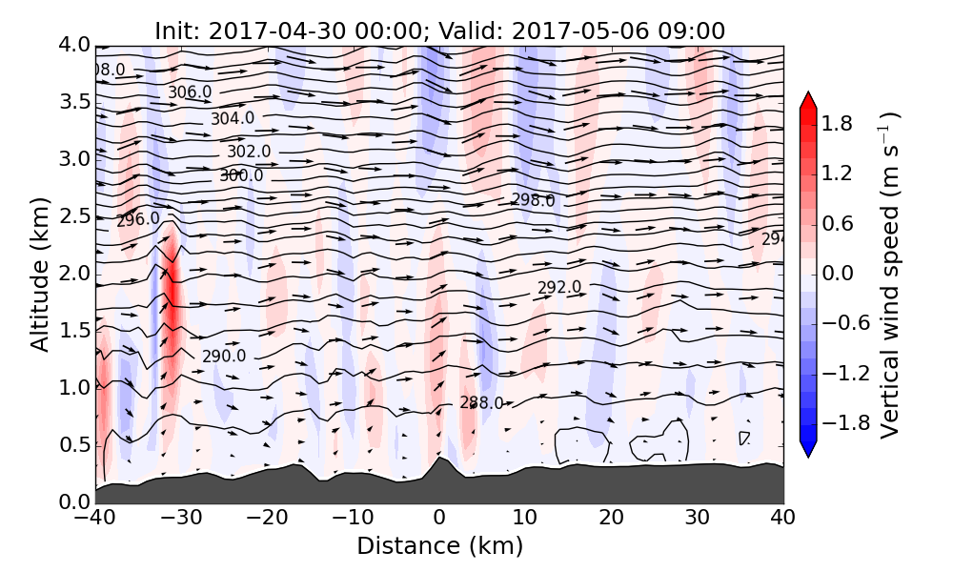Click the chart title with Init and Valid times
439,31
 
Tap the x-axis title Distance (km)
439,546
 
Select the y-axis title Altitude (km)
39,274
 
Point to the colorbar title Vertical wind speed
889,274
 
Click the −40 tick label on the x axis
95,519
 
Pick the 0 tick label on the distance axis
439,519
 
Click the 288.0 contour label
481,403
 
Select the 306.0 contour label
190,92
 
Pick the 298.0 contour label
533,200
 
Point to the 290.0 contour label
224,357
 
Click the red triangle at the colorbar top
807,99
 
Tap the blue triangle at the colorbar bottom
807,449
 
